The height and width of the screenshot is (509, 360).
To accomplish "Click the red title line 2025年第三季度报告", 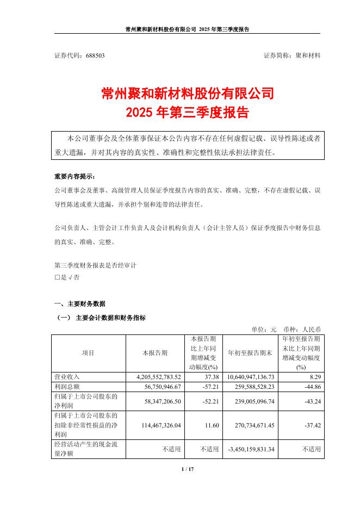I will click(188, 113).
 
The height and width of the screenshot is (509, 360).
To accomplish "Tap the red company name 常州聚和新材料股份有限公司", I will click(188, 94).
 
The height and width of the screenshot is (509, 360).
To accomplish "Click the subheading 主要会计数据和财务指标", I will click(111, 317).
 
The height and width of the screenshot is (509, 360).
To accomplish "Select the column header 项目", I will click(88, 352).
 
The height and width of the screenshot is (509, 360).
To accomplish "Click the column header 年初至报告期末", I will click(250, 352).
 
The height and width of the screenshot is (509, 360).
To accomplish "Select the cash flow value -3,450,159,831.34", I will click(255, 450).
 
